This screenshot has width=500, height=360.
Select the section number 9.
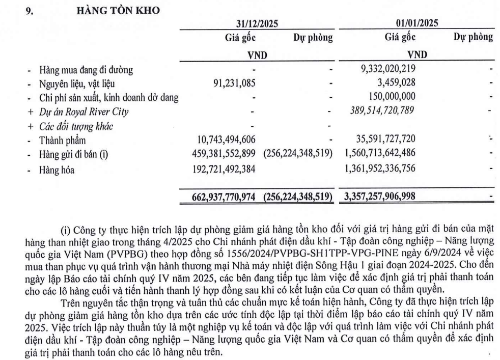coord(30,10)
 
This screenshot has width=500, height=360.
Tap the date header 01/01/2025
coord(417,23)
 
